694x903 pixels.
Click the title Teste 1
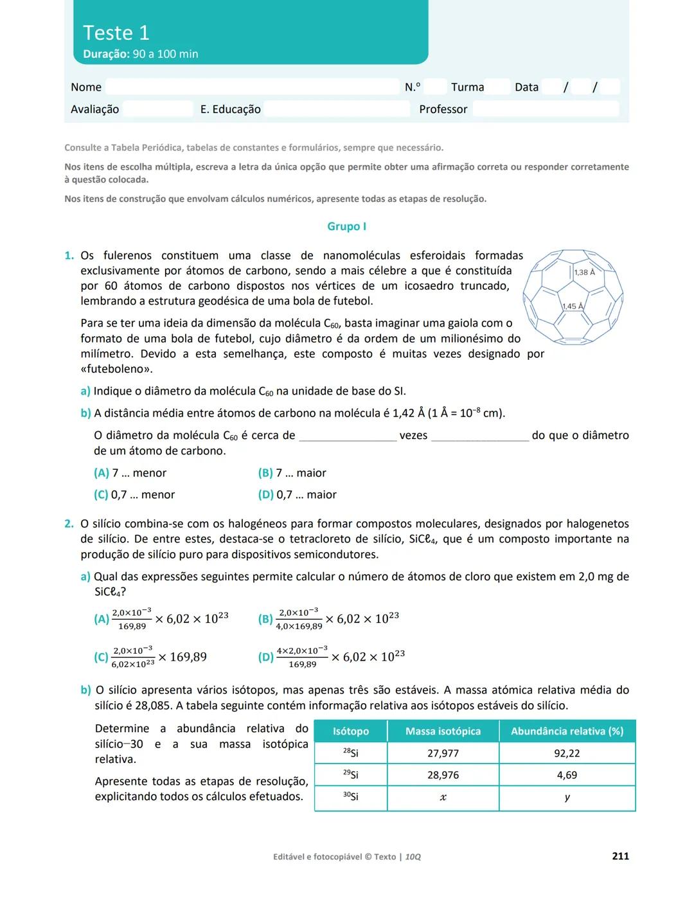pyautogui.click(x=116, y=33)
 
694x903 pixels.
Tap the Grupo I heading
pyautogui.click(x=346, y=226)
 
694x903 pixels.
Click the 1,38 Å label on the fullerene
pyautogui.click(x=584, y=273)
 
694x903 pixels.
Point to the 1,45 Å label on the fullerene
pyautogui.click(x=572, y=307)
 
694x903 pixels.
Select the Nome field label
pyautogui.click(x=86, y=87)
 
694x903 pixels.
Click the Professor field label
pyautogui.click(x=443, y=109)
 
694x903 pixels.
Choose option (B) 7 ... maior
pyautogui.click(x=292, y=473)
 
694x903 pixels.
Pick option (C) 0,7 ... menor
pyautogui.click(x=134, y=495)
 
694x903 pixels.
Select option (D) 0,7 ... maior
pyautogui.click(x=297, y=495)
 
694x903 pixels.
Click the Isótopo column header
pyautogui.click(x=351, y=731)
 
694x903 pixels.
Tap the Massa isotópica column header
pyautogui.click(x=443, y=731)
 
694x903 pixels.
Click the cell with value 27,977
pyautogui.click(x=443, y=753)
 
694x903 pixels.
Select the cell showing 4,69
pyautogui.click(x=567, y=775)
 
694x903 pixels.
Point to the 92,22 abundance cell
pyautogui.click(x=567, y=753)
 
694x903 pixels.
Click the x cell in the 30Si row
pyautogui.click(x=443, y=798)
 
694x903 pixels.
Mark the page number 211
pyautogui.click(x=620, y=856)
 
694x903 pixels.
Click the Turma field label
pyautogui.click(x=467, y=87)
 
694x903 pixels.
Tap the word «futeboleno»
pyautogui.click(x=116, y=370)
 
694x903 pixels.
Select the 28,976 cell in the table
pyautogui.click(x=443, y=775)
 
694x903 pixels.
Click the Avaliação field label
pyautogui.click(x=94, y=109)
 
